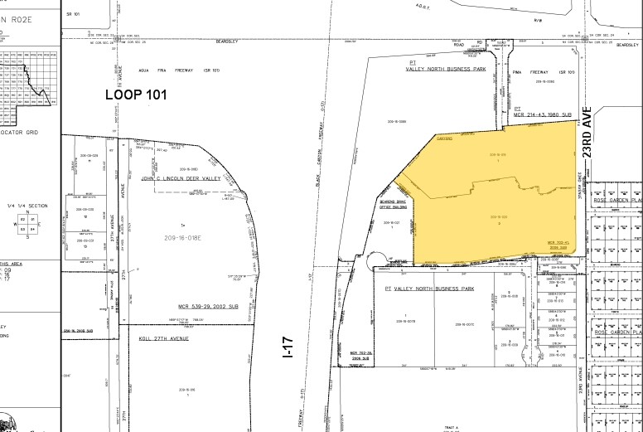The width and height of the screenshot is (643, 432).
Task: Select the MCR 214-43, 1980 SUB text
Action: pyautogui.click(x=544, y=114)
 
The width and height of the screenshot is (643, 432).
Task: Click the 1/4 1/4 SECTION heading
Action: pyautogui.click(x=27, y=205)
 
